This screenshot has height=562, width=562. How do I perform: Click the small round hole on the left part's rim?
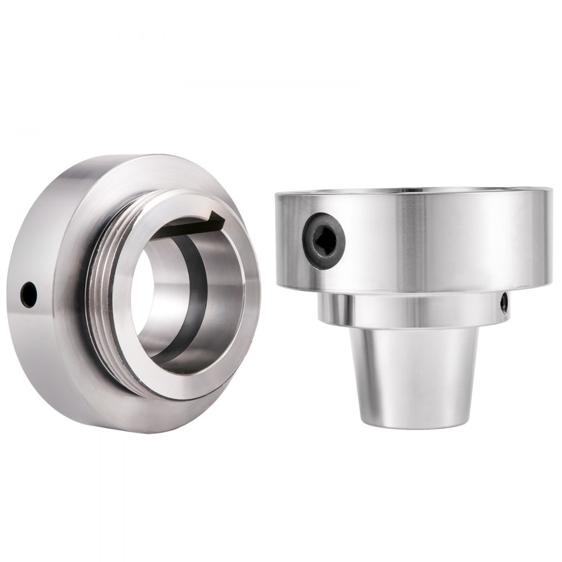pyautogui.click(x=29, y=293)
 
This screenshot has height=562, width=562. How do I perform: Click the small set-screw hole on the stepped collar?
pyautogui.click(x=504, y=303)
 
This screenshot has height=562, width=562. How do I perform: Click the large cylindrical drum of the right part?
pyautogui.click(x=438, y=242)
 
